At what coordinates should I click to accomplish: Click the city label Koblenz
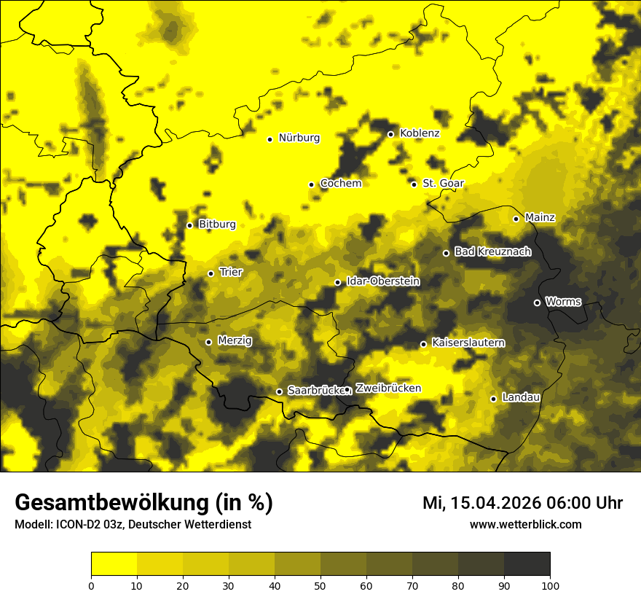tap(420, 133)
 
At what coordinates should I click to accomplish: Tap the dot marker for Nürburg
tap(270, 138)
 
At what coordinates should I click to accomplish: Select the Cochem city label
tap(340, 184)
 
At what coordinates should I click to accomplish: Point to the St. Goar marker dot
tap(414, 184)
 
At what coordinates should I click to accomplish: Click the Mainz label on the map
tap(540, 218)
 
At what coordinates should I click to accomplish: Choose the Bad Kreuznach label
tap(492, 252)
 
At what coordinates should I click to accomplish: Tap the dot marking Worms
tap(537, 302)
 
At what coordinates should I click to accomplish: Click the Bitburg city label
tap(217, 225)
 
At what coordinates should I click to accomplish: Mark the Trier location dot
tap(211, 273)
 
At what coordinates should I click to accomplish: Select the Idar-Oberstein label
tap(383, 281)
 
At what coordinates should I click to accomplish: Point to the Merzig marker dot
tap(208, 342)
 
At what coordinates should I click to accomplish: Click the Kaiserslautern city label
tap(468, 343)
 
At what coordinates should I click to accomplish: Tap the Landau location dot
tap(493, 399)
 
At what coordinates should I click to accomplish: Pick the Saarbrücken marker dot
tap(279, 391)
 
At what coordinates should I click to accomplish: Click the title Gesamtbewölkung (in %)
tap(143, 503)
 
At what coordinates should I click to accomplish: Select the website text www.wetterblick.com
tap(525, 524)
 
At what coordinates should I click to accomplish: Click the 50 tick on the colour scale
tap(320, 585)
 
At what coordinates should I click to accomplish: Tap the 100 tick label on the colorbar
tap(550, 585)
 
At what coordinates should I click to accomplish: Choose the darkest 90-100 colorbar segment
tap(527, 563)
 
